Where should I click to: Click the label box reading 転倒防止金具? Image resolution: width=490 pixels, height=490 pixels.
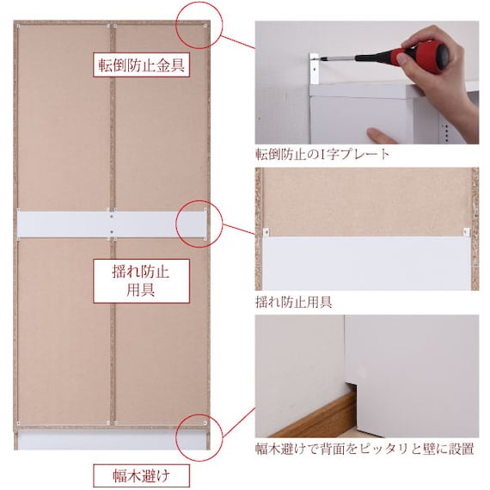point(141,65)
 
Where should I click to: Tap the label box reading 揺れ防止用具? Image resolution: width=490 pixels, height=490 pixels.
point(141,281)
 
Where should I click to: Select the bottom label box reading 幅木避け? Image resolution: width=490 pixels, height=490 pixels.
point(141,475)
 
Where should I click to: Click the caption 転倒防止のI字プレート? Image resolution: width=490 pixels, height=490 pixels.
point(322,154)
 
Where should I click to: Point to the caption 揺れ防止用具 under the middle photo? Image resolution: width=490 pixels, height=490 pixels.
point(293,303)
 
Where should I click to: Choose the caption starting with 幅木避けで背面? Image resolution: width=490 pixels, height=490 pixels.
point(364,449)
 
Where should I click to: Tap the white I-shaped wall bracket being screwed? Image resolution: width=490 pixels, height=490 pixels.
point(315,69)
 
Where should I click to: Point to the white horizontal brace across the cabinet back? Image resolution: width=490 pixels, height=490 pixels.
point(112,224)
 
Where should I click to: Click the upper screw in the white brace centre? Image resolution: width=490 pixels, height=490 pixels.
point(112,217)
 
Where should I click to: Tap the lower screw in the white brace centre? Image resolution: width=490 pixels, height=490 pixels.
point(112,232)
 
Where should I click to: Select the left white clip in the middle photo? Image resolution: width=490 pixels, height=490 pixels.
point(266,232)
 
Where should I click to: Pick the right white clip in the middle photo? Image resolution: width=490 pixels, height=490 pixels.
point(466,232)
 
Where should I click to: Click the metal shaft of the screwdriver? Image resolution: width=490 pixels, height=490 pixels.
point(338,58)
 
